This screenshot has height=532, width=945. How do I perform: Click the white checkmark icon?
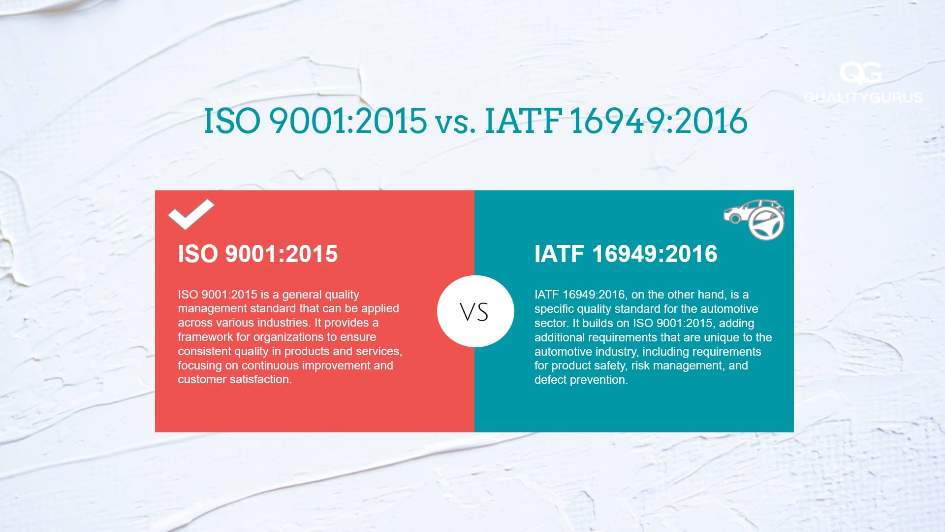[191, 215]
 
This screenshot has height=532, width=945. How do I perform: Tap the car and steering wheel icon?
[754, 220]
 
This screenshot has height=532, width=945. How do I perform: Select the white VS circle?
[475, 311]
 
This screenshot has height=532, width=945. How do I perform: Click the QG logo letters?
[860, 73]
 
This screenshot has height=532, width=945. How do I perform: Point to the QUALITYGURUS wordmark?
[863, 97]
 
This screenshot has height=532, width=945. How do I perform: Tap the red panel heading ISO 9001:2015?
[258, 254]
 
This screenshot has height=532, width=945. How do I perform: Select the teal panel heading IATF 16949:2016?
[626, 254]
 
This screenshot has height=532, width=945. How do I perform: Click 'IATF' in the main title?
[524, 121]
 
